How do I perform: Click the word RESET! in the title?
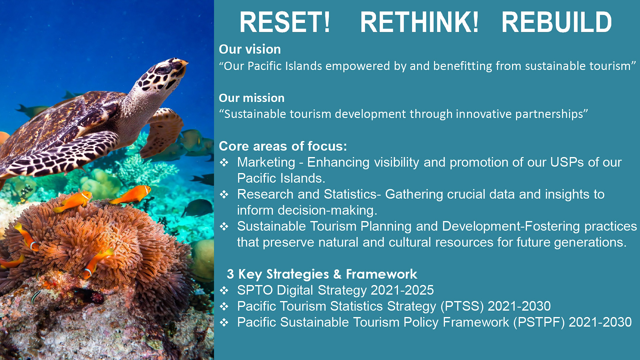click(x=285, y=22)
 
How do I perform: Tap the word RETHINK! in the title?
click(x=419, y=22)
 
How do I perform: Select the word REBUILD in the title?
click(x=556, y=22)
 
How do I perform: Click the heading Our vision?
click(x=250, y=49)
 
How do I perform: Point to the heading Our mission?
click(x=251, y=98)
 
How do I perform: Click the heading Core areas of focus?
click(x=283, y=146)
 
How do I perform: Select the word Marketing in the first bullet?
click(x=266, y=163)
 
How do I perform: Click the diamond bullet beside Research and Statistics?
click(x=224, y=194)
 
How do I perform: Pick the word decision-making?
click(x=327, y=211)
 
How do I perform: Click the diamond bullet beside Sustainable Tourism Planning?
click(x=224, y=226)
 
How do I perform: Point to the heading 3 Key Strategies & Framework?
click(x=322, y=274)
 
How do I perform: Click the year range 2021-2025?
click(x=402, y=290)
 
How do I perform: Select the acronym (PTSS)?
click(x=462, y=306)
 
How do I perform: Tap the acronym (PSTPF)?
click(x=539, y=322)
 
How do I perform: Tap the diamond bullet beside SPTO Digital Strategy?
click(x=224, y=290)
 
